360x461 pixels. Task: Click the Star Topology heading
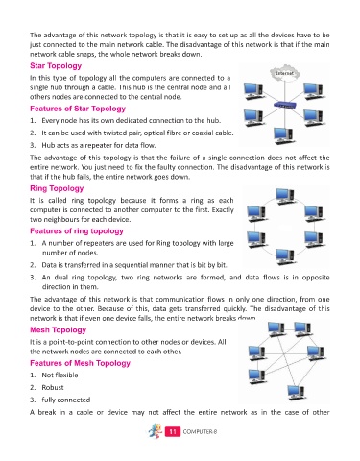click(x=56, y=66)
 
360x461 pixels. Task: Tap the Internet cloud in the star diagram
click(x=284, y=73)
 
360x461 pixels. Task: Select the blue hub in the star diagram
click(x=284, y=105)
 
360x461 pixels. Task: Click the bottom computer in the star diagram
click(x=284, y=135)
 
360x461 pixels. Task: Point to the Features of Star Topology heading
click(x=78, y=109)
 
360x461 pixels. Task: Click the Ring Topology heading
click(x=57, y=188)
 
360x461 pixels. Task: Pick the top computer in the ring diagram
click(x=285, y=196)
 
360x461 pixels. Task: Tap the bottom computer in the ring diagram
click(x=285, y=256)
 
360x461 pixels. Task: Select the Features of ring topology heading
click(x=77, y=231)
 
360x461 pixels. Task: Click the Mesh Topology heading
click(x=58, y=330)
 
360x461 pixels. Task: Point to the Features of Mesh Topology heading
click(x=80, y=363)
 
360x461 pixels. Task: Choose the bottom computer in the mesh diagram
click(x=297, y=393)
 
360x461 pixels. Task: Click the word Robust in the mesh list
click(x=53, y=388)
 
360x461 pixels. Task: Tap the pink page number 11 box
click(x=173, y=432)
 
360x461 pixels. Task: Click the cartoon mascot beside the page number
click(x=156, y=431)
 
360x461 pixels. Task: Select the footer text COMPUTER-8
click(x=200, y=432)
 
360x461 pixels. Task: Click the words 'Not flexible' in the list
click(x=60, y=376)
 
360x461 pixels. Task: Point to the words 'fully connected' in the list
click(x=66, y=400)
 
